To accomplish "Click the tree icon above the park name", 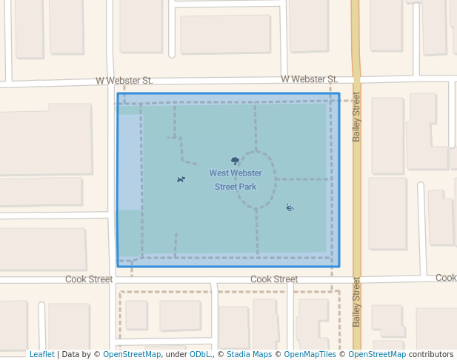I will click(x=236, y=161).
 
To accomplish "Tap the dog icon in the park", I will click(x=181, y=179).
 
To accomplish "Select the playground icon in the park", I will click(x=290, y=207).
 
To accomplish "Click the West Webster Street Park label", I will click(x=236, y=180).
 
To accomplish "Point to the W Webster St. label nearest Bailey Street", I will click(x=309, y=79).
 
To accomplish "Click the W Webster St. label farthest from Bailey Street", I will click(x=124, y=81).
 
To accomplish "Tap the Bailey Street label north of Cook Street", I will click(x=356, y=116).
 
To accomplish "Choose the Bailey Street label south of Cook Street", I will click(x=356, y=301).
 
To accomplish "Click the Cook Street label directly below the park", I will click(x=274, y=279).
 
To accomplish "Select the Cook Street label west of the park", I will click(x=89, y=279).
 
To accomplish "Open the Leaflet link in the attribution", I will click(x=41, y=355).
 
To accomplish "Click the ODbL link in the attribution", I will click(x=200, y=355).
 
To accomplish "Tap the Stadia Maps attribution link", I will click(x=248, y=355).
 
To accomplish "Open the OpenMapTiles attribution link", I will click(x=310, y=355).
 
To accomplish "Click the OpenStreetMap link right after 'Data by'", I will click(x=132, y=355).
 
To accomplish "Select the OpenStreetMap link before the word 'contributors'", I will click(x=377, y=355).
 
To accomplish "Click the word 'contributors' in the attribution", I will click(x=431, y=355).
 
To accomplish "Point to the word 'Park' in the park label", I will click(x=246, y=187).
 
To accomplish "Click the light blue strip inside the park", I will click(x=129, y=162).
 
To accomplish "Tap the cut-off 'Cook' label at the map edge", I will click(x=446, y=278).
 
